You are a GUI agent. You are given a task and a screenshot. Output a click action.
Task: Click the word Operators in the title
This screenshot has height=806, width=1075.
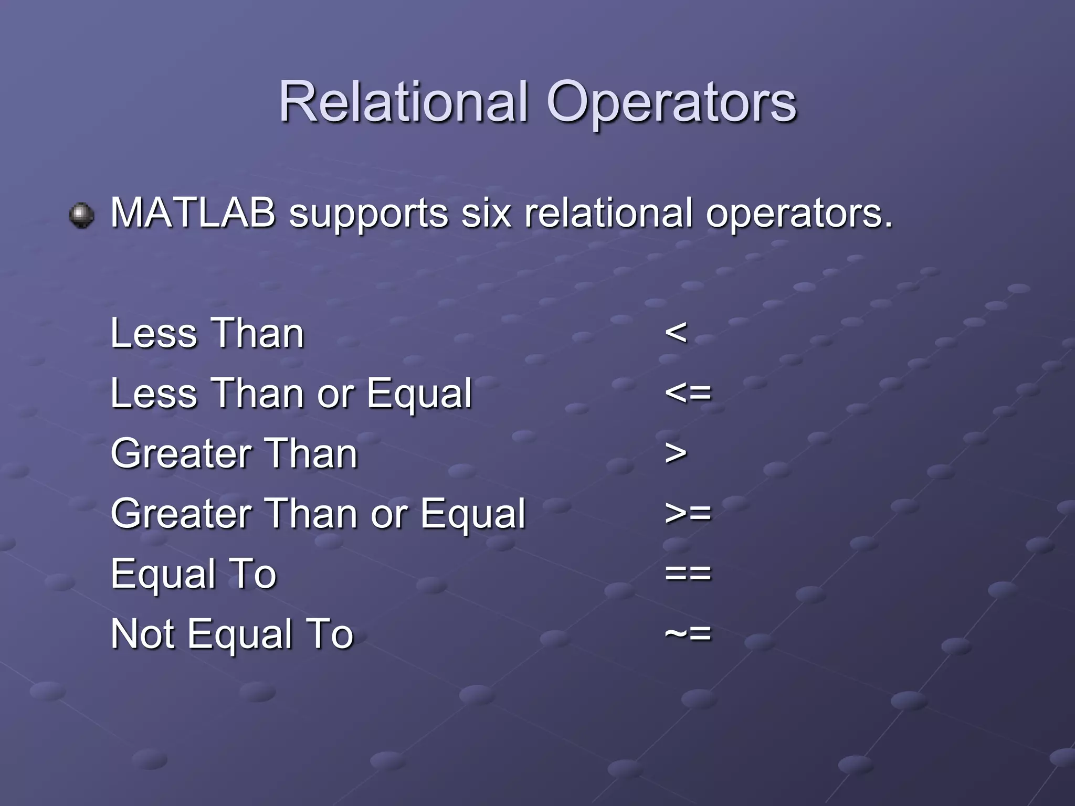click(x=671, y=102)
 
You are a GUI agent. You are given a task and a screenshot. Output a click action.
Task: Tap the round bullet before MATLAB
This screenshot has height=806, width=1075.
click(x=82, y=215)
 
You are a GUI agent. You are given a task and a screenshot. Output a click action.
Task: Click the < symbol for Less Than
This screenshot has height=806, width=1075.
click(x=676, y=333)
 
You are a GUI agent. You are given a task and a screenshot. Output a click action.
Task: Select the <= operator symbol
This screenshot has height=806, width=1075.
click(x=688, y=393)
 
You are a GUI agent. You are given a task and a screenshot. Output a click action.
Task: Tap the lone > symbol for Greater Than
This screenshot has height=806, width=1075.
click(x=676, y=453)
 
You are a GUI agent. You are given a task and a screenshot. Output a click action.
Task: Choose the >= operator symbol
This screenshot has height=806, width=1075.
click(x=688, y=513)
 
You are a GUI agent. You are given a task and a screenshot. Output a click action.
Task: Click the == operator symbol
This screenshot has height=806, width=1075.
click(x=688, y=573)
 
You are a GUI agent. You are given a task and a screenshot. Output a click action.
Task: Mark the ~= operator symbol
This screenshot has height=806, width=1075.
click(x=688, y=633)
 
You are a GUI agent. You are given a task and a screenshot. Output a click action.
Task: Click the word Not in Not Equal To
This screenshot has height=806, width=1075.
click(x=142, y=634)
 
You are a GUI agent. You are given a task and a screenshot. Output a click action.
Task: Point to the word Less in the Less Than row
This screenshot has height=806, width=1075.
click(x=154, y=333)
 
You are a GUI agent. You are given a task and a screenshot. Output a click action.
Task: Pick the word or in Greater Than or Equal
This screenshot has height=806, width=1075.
click(x=389, y=514)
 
